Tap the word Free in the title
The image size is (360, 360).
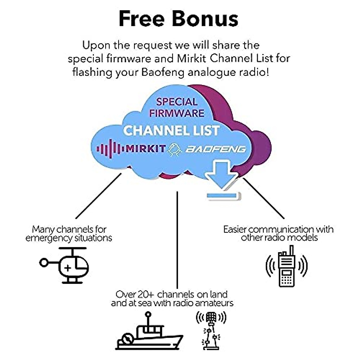(142, 19)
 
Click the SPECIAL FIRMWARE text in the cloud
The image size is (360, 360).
(177, 107)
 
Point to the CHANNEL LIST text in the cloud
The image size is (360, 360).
(171, 130)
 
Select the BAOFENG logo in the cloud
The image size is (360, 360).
(215, 149)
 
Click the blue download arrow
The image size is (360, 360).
(222, 177)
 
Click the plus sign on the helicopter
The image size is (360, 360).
(68, 268)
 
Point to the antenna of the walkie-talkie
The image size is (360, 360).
(291, 250)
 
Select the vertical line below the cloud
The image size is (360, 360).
(177, 240)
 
